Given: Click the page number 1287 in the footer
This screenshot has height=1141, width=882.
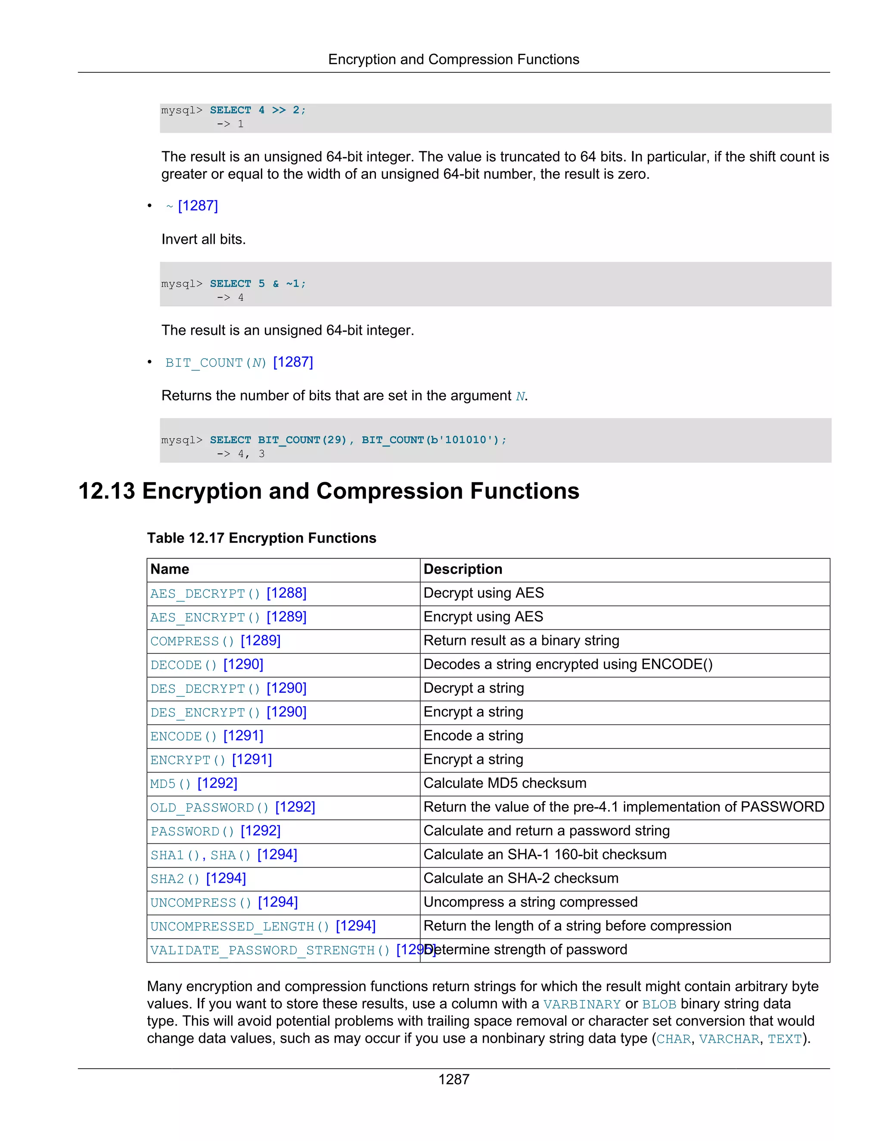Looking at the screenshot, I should (453, 1079).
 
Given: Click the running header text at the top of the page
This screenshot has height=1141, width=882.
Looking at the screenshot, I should (453, 59).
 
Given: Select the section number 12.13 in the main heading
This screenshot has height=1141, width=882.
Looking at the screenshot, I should (107, 492).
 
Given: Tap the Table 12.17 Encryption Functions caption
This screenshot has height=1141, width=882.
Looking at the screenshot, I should (261, 538).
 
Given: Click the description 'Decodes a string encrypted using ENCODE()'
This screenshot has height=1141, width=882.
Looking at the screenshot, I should (568, 664).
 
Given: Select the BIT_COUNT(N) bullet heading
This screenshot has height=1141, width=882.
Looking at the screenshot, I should (216, 363).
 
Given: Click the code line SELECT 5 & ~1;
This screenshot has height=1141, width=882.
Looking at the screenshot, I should (258, 284).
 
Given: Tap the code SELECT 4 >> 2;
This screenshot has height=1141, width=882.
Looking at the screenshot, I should (258, 110).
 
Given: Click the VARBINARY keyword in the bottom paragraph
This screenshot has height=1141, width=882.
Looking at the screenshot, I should (581, 1004).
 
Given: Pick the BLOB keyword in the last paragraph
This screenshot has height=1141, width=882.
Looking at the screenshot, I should (659, 1004).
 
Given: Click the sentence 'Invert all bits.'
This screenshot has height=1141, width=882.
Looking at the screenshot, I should (203, 240).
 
